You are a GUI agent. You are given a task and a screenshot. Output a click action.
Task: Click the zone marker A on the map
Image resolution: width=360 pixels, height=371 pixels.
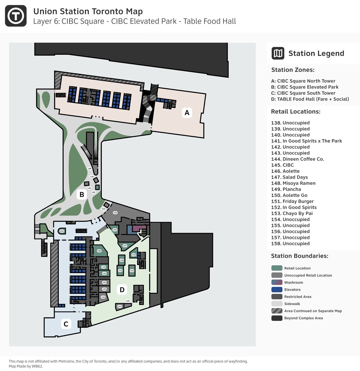coord(187,113)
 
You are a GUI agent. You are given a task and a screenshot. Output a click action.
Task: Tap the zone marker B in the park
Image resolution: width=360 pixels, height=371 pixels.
coord(82,194)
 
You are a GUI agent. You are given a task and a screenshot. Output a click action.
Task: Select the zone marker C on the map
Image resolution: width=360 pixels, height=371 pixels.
coord(66,324)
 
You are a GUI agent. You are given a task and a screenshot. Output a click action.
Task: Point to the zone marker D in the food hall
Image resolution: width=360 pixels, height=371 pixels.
coord(122,290)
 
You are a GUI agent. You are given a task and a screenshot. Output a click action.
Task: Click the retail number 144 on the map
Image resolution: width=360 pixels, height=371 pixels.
coord(62,231)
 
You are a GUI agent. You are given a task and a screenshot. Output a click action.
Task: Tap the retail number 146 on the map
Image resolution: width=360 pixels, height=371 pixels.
coord(99,251)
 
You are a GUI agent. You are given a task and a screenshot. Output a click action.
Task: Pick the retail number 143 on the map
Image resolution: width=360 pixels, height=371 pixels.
coord(115,213)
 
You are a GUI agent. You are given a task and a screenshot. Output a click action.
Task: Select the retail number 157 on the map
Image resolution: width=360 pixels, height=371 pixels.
coord(119,306)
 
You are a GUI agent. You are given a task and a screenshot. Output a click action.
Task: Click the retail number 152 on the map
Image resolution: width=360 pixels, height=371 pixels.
coord(132,271)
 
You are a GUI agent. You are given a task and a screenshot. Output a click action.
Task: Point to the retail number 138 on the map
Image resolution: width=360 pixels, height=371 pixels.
coord(89,168)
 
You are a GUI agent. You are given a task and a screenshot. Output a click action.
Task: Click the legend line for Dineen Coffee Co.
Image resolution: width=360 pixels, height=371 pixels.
coord(297,159)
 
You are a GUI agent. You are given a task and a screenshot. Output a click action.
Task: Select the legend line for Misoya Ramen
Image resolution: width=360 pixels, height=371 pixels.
coord(293,183)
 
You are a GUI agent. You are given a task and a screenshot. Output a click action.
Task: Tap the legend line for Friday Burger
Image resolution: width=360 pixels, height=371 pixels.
coord(292,201)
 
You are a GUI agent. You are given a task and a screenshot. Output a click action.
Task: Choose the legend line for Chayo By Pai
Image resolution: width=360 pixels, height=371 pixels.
coord(292,213)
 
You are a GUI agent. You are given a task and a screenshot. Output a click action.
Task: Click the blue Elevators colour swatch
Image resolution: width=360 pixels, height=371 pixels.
coord(277,290)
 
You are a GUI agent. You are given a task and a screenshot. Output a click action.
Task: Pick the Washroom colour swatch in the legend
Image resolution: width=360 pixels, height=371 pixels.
coord(277,282)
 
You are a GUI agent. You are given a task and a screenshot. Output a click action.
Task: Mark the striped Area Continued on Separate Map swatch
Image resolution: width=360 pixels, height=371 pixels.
coord(277,311)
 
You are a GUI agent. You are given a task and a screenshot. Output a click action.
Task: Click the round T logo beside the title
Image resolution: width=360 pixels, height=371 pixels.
coord(16,16)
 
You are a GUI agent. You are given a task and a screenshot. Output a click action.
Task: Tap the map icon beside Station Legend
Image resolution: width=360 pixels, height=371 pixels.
coord(278,53)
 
